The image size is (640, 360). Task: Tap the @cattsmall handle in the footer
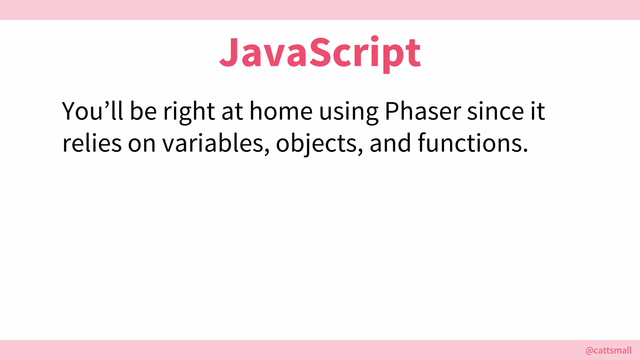tap(608, 350)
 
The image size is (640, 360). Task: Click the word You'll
tap(92, 111)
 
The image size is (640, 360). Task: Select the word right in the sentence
tap(189, 112)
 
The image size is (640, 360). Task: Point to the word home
tap(281, 111)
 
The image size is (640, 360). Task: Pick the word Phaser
tap(423, 111)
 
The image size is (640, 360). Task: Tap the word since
tap(495, 111)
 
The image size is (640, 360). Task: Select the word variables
tap(216, 143)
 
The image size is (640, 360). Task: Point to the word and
tap(390, 143)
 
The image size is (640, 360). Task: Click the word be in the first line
tap(143, 111)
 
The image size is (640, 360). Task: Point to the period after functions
tap(525, 150)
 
